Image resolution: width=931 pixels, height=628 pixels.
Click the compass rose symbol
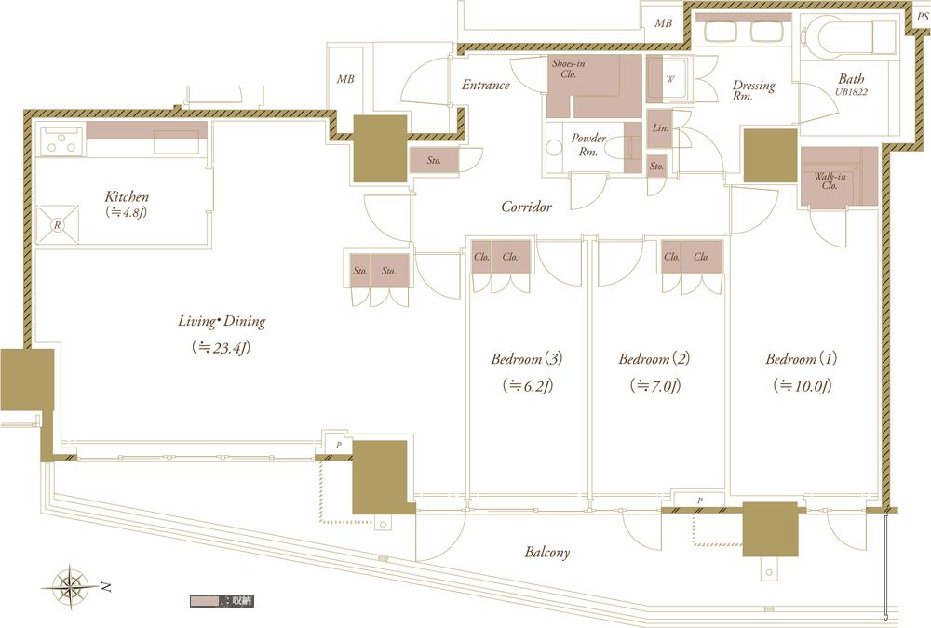[71, 587]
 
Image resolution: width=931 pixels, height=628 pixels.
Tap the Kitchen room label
[127, 196]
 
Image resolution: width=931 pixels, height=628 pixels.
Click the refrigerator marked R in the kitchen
[58, 224]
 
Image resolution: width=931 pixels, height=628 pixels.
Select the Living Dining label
[222, 321]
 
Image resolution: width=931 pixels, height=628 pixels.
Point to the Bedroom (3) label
[527, 358]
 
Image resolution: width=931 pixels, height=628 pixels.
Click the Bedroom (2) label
[654, 358]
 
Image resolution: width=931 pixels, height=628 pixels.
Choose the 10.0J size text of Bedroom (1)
[803, 386]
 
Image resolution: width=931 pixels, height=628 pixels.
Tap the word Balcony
[546, 553]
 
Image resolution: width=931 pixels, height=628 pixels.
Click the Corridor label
[526, 207]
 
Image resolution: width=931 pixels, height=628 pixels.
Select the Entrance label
[486, 85]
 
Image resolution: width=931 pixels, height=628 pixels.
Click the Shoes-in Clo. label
[568, 68]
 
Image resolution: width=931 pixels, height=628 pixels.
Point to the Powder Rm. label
[588, 144]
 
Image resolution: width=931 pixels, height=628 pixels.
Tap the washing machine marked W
[669, 79]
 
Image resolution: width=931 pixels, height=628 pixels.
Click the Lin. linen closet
[660, 128]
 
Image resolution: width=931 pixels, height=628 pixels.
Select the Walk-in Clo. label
[830, 180]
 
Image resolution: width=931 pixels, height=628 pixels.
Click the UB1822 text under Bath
[852, 92]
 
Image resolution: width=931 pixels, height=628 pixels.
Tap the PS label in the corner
[922, 17]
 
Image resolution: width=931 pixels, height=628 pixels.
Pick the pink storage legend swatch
[205, 601]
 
